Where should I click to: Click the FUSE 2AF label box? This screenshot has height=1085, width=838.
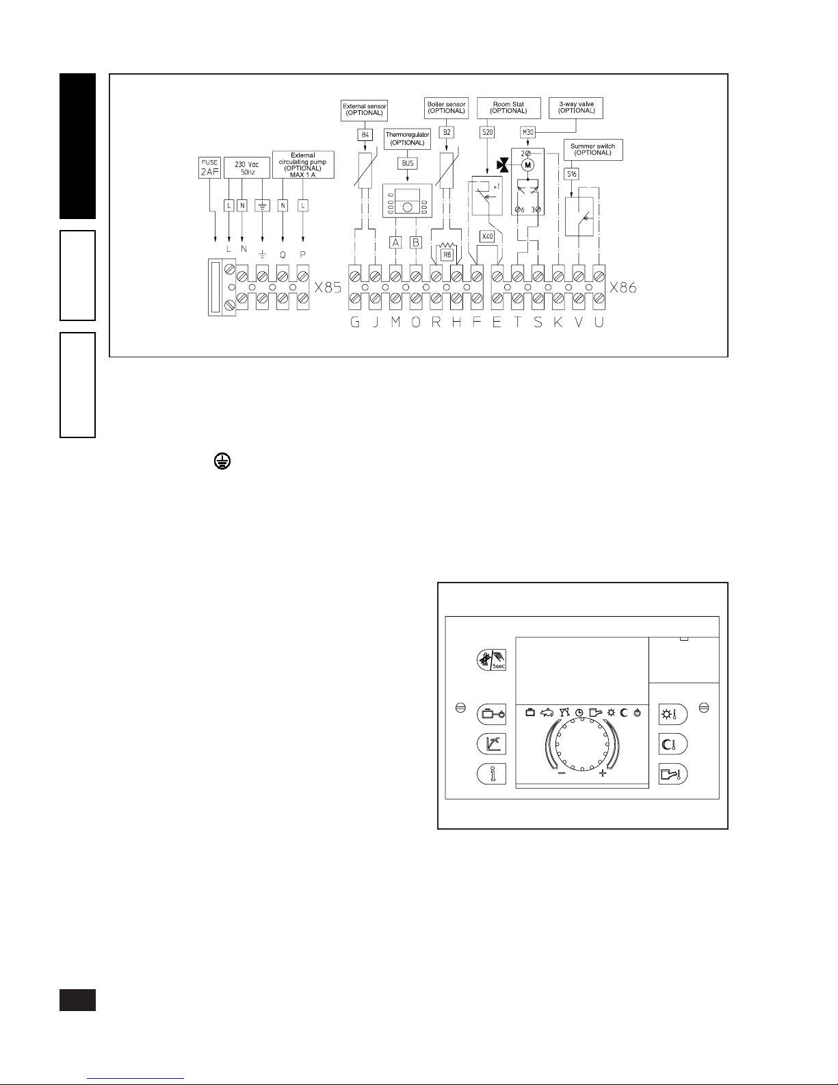point(209,168)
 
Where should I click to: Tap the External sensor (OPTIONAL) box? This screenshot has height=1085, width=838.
point(365,109)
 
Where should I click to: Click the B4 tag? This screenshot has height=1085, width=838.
point(365,135)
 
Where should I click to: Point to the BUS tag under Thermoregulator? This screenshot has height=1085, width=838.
point(408,164)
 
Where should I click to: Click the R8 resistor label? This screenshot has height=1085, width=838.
point(447,255)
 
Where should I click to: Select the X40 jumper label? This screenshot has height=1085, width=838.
point(487,236)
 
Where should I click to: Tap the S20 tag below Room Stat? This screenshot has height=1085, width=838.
point(487,132)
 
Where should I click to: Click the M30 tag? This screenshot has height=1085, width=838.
point(527,132)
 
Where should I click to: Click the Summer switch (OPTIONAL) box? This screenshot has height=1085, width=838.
point(592,149)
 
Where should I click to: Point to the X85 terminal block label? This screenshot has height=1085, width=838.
point(328,288)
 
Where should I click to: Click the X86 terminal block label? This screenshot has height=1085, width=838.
point(623,288)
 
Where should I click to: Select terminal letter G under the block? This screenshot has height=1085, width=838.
point(355,323)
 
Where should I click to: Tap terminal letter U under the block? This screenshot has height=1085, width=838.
point(599,323)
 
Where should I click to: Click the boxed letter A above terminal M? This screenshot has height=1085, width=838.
point(395,242)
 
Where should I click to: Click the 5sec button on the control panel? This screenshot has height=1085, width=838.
point(492,661)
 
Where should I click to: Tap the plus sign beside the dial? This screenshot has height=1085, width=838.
point(603,774)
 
